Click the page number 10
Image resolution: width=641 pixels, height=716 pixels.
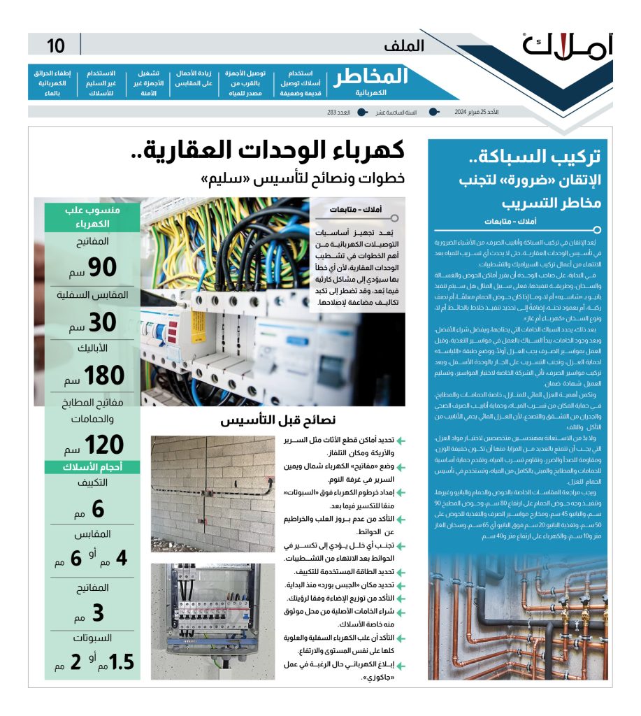pos(56,46)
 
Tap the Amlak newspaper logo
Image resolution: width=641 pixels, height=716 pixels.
pos(566,45)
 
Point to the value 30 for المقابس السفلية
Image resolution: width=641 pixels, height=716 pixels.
pos(103,321)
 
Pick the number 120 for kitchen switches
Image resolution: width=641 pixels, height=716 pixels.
pos(103,445)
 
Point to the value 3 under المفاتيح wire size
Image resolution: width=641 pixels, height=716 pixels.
pos(98,613)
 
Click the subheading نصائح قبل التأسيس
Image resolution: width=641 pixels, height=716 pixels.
pos(278,421)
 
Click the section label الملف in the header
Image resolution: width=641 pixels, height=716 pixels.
pos(403,46)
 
